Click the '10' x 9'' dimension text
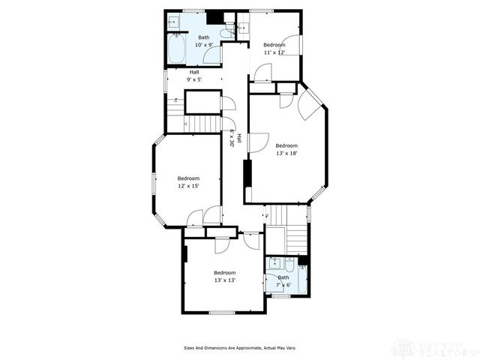pyautogui.click(x=204, y=45)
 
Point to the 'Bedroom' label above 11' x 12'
pyautogui.click(x=274, y=45)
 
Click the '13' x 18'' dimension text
pyautogui.click(x=286, y=153)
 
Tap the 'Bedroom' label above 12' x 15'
pyautogui.click(x=188, y=178)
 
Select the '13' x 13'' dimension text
pyautogui.click(x=225, y=280)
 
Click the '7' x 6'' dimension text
pyautogui.click(x=283, y=285)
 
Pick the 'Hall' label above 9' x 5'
pyautogui.click(x=193, y=72)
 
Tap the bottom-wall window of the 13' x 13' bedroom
pyautogui.click(x=222, y=312)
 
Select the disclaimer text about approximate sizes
pyautogui.click(x=240, y=348)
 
